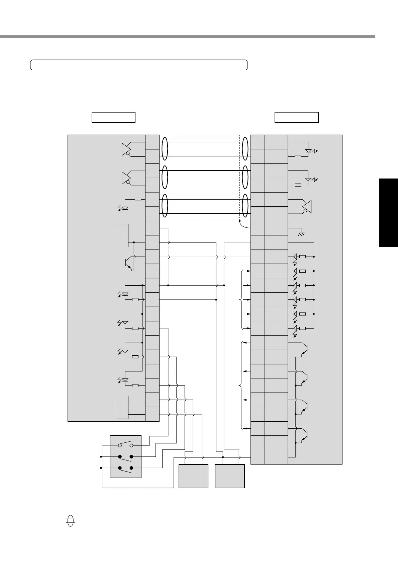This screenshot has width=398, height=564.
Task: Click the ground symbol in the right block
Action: tap(301, 234)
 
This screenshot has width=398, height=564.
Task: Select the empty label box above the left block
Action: tap(113, 118)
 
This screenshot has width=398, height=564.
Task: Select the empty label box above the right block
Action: tap(296, 118)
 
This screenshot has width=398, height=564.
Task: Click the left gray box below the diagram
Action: tap(193, 476)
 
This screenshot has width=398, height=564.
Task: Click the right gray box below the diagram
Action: tap(230, 476)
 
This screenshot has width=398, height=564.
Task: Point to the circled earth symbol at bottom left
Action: tap(70, 521)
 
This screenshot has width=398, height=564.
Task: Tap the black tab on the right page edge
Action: tap(388, 213)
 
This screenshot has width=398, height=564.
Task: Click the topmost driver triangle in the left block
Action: tap(126, 149)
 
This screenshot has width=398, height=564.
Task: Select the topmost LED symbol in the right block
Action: tap(308, 151)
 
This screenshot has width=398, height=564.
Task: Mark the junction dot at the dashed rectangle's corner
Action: tap(239, 221)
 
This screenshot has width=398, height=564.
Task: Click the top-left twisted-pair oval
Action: tap(165, 149)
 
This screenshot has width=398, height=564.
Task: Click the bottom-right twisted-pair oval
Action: tap(245, 206)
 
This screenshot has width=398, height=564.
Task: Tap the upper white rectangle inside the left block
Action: tap(122, 235)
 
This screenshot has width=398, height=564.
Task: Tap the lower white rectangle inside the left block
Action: tap(122, 407)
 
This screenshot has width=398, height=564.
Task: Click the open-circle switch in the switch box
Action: tap(125, 445)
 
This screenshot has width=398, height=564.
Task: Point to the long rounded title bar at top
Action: tap(139, 65)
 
